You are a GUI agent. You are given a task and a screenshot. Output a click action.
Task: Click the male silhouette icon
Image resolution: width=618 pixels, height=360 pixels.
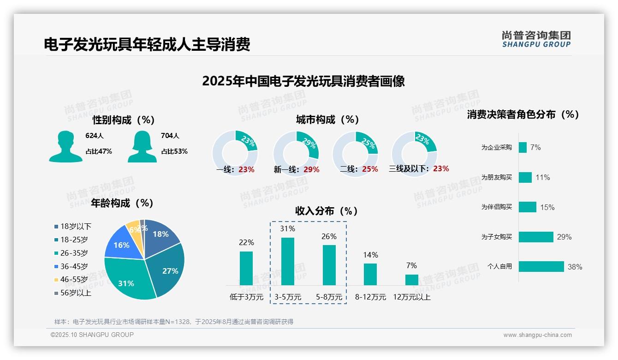tap(65, 146)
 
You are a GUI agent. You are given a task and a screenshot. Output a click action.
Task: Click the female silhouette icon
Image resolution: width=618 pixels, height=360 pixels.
tap(142, 146)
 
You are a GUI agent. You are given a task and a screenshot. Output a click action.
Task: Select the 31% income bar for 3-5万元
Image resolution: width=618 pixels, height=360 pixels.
tap(288, 261)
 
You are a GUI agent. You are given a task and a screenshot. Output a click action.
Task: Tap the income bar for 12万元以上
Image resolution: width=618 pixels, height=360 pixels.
tap(412, 280)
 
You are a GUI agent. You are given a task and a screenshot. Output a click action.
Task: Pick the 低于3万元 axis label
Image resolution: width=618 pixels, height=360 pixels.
tap(246, 297)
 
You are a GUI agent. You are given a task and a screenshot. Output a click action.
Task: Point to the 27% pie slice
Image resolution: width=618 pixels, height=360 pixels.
tap(167, 268)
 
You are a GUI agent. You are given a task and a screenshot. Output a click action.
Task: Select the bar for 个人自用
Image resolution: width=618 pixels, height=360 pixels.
tap(541, 266)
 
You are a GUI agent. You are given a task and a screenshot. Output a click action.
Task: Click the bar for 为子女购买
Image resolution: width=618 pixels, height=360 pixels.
tap(536, 237)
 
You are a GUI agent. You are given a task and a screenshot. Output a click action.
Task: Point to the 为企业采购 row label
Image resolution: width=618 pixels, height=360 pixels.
tap(496, 148)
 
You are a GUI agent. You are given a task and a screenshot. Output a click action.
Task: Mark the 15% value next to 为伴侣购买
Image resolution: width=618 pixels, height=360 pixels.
tap(547, 207)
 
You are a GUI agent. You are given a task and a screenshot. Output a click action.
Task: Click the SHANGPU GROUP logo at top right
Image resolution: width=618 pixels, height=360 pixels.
tap(536, 39)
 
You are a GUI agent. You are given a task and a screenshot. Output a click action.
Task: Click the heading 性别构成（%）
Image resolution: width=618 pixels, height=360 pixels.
tap(123, 120)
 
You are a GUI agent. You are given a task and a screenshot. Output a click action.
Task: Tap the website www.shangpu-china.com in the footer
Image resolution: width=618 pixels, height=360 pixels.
tap(537, 335)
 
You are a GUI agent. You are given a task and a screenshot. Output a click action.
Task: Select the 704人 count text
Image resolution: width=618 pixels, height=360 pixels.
tap(170, 136)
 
